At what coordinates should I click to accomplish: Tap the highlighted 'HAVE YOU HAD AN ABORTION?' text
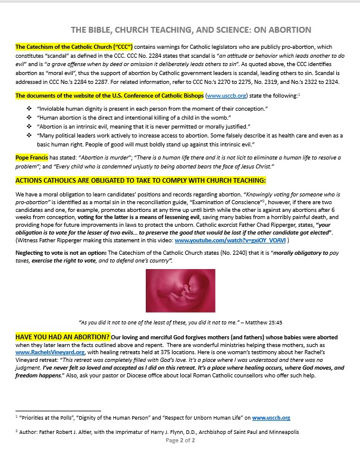(x=62, y=337)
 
